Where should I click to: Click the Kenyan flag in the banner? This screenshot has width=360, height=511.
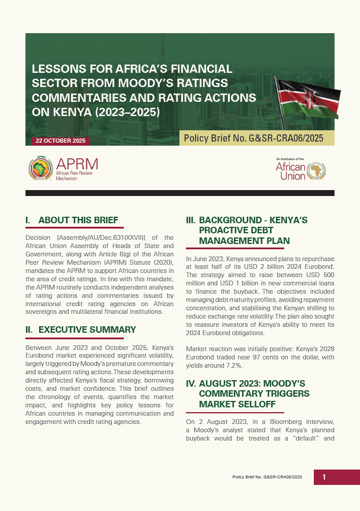[307, 101]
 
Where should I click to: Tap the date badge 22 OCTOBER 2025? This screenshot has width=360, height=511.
[60, 141]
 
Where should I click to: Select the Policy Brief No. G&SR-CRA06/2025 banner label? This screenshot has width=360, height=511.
[253, 139]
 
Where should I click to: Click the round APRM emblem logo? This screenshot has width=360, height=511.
[40, 169]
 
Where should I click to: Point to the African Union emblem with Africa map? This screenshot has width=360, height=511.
[317, 171]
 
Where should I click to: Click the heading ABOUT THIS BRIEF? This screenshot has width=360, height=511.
[78, 220]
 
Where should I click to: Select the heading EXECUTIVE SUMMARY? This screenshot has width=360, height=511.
[87, 330]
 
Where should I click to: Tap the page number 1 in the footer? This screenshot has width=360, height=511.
[324, 477]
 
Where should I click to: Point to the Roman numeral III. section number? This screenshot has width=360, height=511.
[191, 220]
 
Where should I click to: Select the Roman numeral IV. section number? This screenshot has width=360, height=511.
[191, 383]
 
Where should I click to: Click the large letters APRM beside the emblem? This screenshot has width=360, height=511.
[78, 164]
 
